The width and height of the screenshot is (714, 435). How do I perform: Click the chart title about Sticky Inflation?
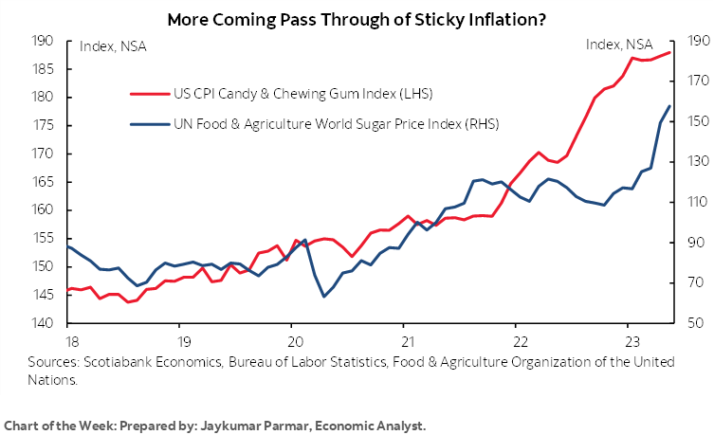[x=357, y=18]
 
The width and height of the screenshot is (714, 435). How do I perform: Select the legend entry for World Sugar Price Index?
[x=336, y=124]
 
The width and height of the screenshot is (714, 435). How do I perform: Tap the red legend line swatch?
[x=146, y=94]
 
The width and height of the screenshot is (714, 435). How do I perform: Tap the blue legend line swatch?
[x=146, y=124]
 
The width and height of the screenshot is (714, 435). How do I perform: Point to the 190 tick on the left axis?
[x=42, y=41]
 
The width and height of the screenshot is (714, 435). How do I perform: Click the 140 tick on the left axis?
[x=42, y=323]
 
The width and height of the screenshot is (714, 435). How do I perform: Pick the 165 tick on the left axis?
[x=42, y=182]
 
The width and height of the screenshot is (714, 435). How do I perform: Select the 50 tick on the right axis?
[x=688, y=323]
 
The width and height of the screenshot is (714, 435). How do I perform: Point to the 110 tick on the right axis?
[x=691, y=202]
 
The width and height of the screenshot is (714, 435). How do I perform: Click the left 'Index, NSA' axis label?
[x=113, y=45]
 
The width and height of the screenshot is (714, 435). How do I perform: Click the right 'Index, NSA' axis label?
[x=619, y=45]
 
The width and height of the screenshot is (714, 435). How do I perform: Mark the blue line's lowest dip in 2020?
[x=323, y=297]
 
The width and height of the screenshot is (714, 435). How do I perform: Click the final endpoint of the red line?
[x=670, y=52]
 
